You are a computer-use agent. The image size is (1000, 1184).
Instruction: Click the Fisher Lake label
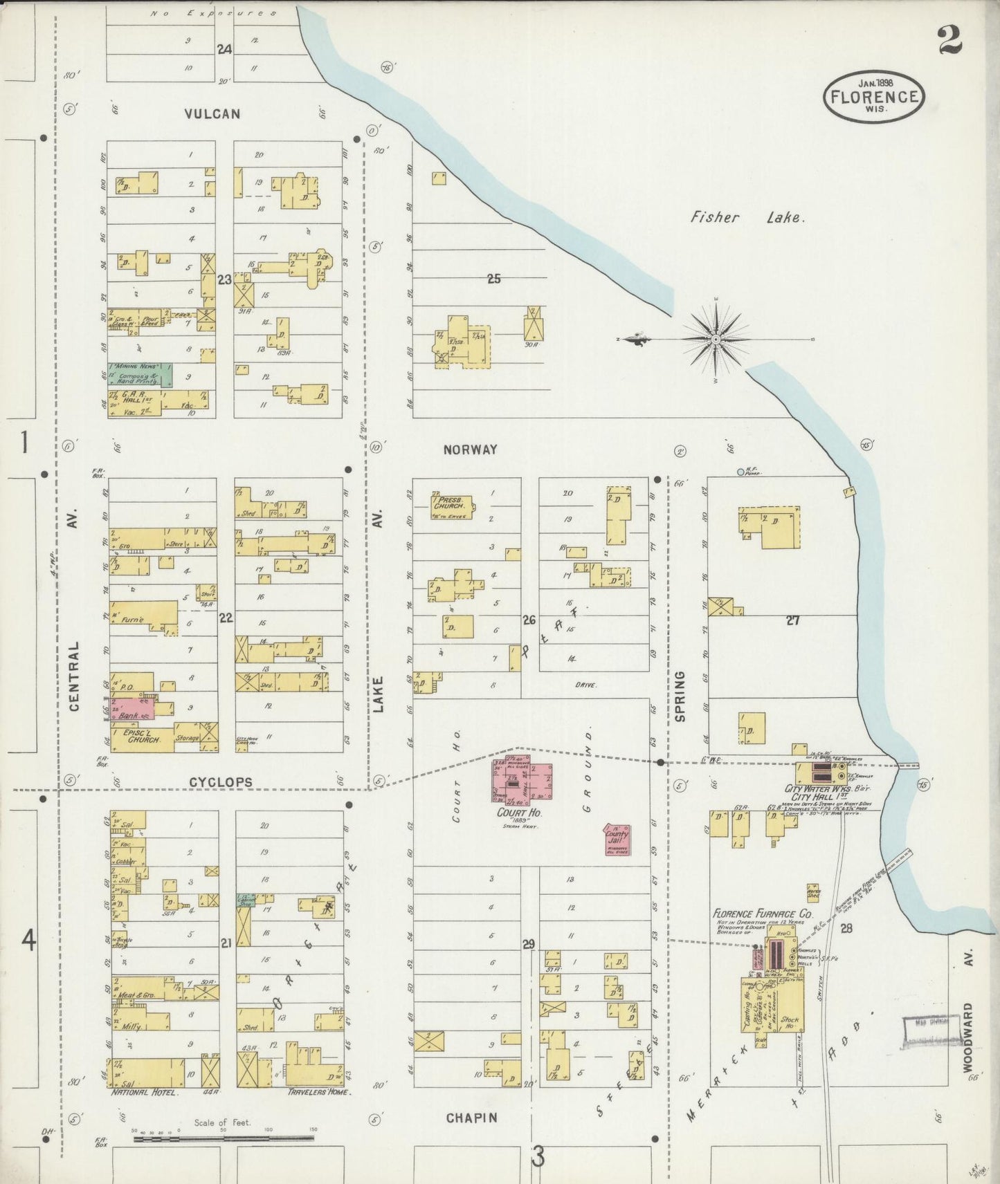[747, 217]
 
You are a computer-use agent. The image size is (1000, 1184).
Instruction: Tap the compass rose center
[716, 339]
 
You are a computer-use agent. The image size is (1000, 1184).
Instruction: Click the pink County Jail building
[616, 840]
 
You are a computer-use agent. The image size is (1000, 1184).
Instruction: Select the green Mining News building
[139, 374]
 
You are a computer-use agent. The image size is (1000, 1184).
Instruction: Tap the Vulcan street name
[212, 114]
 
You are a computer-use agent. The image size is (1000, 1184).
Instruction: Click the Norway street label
[471, 450]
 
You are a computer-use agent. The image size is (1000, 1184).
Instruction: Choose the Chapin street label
[471, 1118]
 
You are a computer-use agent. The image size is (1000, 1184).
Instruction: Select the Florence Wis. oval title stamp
[874, 97]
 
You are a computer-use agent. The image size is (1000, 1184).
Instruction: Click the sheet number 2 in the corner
[950, 40]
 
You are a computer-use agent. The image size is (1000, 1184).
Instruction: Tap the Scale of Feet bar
[223, 1137]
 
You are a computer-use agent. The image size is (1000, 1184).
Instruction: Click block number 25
[493, 279]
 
